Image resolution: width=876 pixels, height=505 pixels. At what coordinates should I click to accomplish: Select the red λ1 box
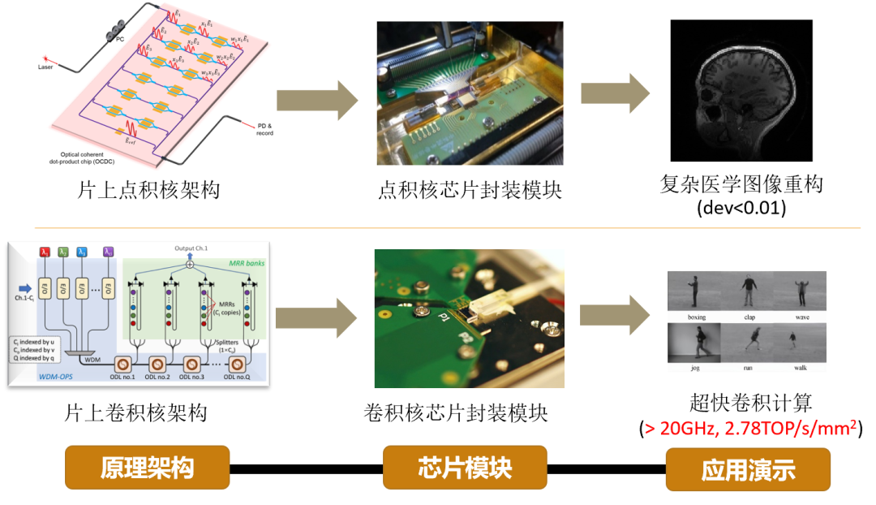[x=45, y=252]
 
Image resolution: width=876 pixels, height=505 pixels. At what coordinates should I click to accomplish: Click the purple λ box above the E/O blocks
[x=109, y=252]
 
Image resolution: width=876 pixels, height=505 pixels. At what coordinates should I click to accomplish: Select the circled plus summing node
[x=189, y=264]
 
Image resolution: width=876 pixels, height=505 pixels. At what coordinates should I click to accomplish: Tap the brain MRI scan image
[x=741, y=91]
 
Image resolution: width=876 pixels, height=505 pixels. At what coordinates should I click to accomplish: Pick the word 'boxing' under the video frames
[x=696, y=317]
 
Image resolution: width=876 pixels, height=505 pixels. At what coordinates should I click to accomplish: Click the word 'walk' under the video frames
[x=800, y=368]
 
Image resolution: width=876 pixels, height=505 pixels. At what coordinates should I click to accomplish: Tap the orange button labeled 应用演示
[x=748, y=469]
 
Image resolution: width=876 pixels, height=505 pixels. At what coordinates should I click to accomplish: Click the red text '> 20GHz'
[x=670, y=429]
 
